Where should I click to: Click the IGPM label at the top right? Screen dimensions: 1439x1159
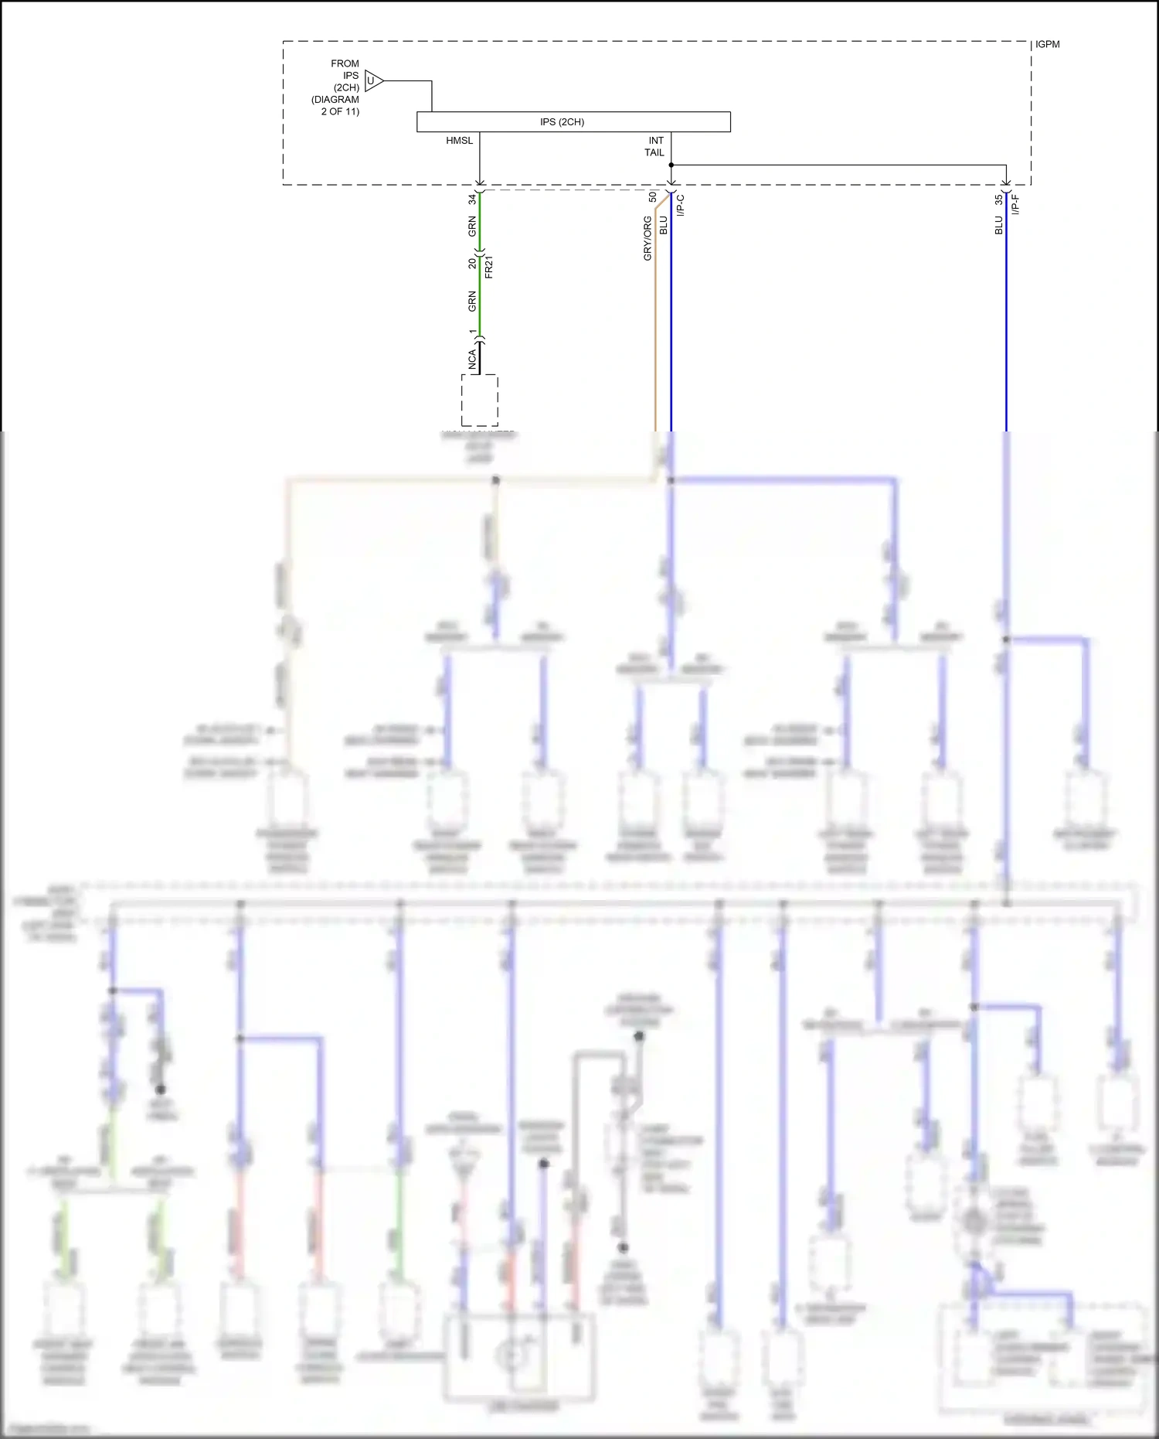tap(1047, 44)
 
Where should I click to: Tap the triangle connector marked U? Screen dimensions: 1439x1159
tap(372, 80)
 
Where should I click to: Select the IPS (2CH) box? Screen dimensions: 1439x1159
tap(573, 121)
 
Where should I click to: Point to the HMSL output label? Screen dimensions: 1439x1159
tap(459, 141)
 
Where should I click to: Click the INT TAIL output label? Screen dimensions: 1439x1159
tap(654, 146)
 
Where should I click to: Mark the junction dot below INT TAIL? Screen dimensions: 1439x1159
tap(671, 165)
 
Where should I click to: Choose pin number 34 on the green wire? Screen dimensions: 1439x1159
tap(471, 199)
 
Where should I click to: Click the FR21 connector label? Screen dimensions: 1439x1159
tap(488, 267)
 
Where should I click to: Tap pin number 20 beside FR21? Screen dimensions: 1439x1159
tap(471, 264)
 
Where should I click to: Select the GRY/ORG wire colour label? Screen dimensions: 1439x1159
tap(647, 237)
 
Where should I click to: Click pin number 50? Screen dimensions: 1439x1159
tap(652, 197)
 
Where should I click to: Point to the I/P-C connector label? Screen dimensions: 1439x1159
tap(681, 206)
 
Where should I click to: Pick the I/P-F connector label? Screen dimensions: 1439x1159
tap(1016, 205)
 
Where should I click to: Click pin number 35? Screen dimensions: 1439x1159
tap(998, 199)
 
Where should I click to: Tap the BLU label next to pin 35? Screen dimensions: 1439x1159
tap(998, 225)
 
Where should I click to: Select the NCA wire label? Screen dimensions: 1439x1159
tap(471, 359)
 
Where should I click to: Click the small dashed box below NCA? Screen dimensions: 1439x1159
tap(479, 401)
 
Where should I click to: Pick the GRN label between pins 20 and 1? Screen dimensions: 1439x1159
tap(471, 302)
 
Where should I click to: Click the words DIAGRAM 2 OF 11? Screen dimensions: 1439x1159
tap(335, 105)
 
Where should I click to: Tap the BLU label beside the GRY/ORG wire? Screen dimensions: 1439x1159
tap(663, 225)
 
